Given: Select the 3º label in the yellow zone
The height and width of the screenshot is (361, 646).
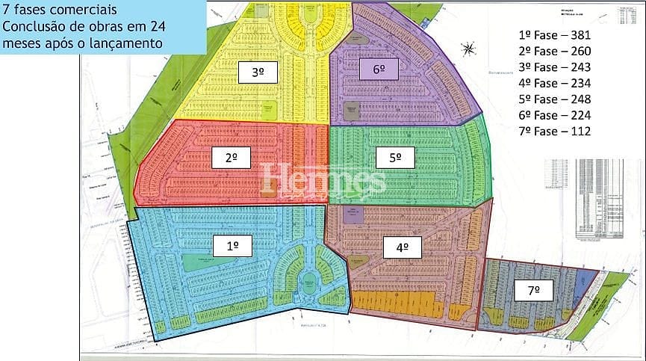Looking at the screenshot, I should click(x=258, y=72).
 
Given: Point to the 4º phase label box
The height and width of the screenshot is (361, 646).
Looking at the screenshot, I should click(x=403, y=247).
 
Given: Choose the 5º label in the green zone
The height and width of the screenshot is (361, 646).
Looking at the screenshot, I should click(x=396, y=158).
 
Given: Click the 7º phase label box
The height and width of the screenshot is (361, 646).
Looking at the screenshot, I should click(x=532, y=290).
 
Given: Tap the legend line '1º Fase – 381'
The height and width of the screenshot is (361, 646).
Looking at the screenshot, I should click(x=554, y=35).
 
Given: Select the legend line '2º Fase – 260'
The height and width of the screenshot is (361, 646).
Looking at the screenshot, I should click(x=554, y=52).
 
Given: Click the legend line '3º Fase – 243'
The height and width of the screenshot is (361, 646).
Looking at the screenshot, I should click(x=554, y=67).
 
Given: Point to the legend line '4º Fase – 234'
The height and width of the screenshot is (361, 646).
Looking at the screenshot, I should click(x=554, y=83).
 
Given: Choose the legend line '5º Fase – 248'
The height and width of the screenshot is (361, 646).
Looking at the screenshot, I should click(x=554, y=99).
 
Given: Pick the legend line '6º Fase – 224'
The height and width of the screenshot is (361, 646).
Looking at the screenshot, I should click(x=554, y=114).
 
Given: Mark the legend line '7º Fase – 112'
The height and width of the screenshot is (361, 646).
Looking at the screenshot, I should click(x=554, y=131).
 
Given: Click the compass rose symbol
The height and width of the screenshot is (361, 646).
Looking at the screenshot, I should click(x=469, y=49).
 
